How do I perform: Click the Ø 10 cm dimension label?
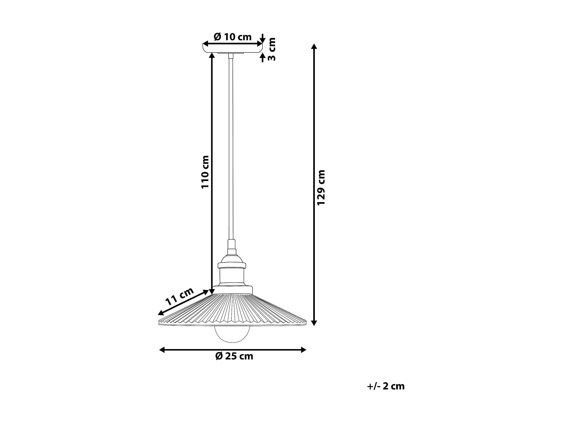click(x=233, y=37)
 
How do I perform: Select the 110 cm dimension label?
click(x=205, y=172)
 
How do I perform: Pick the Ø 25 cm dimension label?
click(x=234, y=356)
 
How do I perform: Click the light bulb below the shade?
click(x=233, y=335)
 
